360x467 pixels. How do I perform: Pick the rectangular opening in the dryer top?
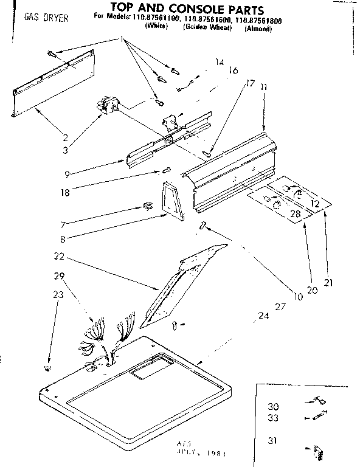(x=146, y=368)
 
